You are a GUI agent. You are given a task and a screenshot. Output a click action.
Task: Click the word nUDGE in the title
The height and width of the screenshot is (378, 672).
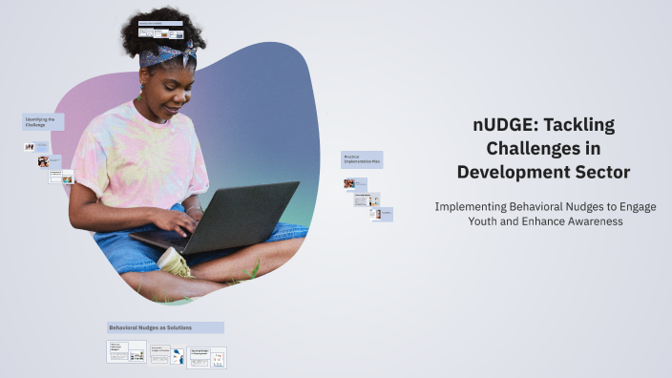[504, 125]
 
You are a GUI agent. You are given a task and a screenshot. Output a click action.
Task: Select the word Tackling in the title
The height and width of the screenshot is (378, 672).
[580, 125]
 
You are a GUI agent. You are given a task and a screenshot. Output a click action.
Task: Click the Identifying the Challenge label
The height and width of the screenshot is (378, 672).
[43, 122]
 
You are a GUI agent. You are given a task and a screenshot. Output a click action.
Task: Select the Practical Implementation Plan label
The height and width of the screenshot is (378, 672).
[362, 159]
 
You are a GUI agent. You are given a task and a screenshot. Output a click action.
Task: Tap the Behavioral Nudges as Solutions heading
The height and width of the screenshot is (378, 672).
[165, 327]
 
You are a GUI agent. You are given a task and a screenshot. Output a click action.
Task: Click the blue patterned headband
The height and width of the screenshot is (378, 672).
[166, 55]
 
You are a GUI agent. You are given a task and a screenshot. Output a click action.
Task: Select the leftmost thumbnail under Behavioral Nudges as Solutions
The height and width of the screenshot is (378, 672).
[126, 351]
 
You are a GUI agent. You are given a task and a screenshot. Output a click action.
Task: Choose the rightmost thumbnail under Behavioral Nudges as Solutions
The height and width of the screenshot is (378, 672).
[207, 357]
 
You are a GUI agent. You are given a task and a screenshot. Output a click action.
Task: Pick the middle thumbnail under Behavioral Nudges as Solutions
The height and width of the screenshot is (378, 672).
[160, 353]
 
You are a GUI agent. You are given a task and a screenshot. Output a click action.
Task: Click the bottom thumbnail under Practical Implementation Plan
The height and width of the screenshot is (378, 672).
[381, 214]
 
